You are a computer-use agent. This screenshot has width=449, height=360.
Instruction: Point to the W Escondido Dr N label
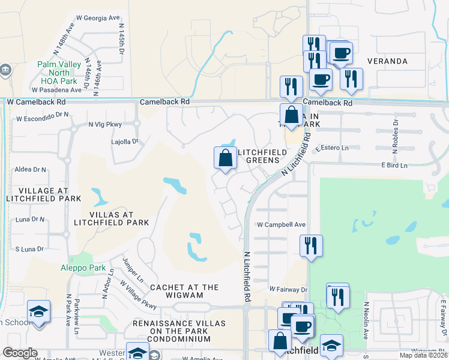tap(43, 119)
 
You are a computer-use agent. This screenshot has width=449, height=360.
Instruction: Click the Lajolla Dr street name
tap(125, 142)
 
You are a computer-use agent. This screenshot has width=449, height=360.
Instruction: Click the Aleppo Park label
tap(83, 268)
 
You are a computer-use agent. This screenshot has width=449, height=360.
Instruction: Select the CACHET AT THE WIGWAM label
tap(184, 292)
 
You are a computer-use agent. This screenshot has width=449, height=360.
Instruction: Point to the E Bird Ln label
tap(394, 165)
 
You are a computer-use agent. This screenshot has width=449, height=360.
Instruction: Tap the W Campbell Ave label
tap(282, 225)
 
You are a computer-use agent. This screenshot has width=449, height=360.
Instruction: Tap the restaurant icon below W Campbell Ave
tap(312, 246)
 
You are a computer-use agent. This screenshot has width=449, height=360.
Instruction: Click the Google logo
tap(20, 352)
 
